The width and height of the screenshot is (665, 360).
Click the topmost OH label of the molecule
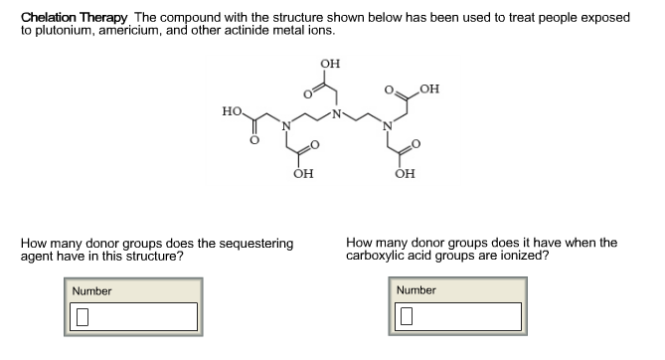coord(329,64)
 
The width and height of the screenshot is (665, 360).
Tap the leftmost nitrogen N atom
coord(284,125)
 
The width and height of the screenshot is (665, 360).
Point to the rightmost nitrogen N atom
coord(391,125)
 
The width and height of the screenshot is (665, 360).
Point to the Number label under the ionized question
coord(416,290)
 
